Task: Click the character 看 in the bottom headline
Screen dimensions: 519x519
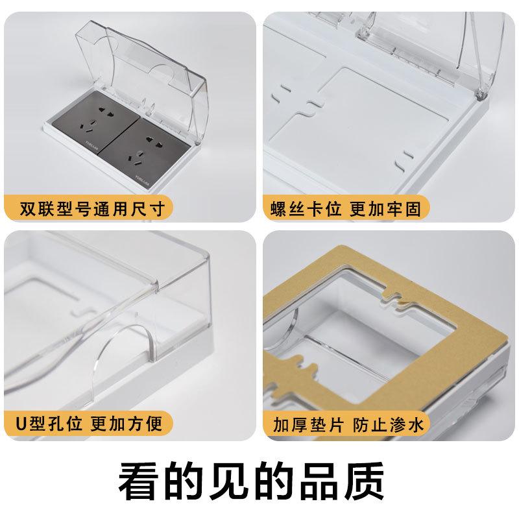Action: (x=142, y=480)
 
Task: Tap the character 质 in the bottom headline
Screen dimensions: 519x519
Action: (x=376, y=480)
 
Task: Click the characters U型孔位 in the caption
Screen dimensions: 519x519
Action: (x=49, y=424)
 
